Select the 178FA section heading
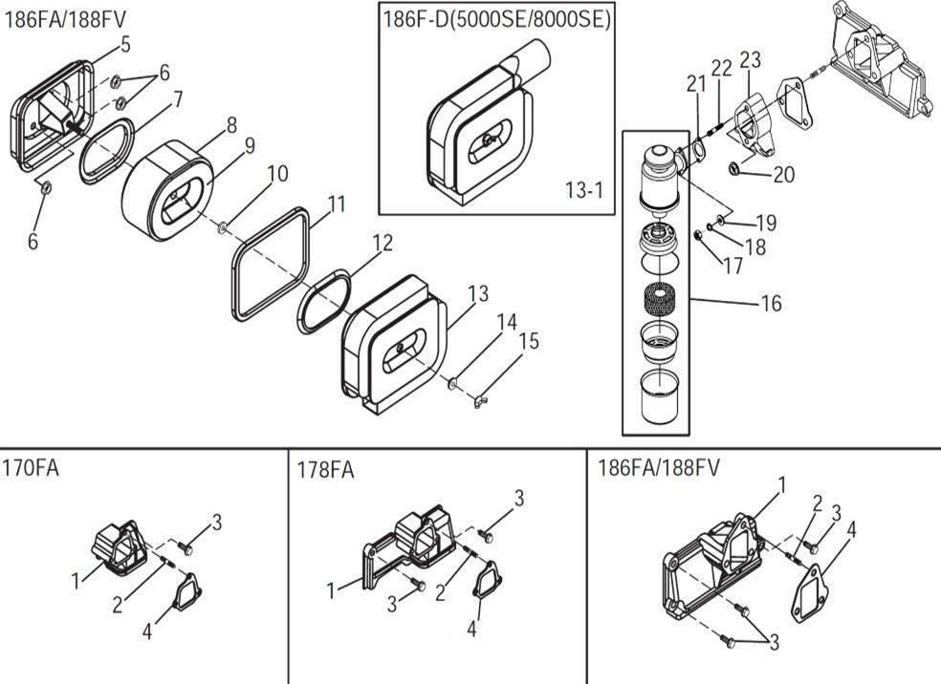pos(326,470)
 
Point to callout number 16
pos(771,304)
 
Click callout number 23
pos(750,60)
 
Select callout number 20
pos(784,175)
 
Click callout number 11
pos(336,203)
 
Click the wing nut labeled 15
pos(476,400)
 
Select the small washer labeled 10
pos(222,227)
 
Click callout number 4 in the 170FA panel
pos(147,631)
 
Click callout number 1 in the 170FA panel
pos(77,580)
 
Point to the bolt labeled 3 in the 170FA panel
pos(186,549)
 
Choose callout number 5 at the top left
pos(125,44)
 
